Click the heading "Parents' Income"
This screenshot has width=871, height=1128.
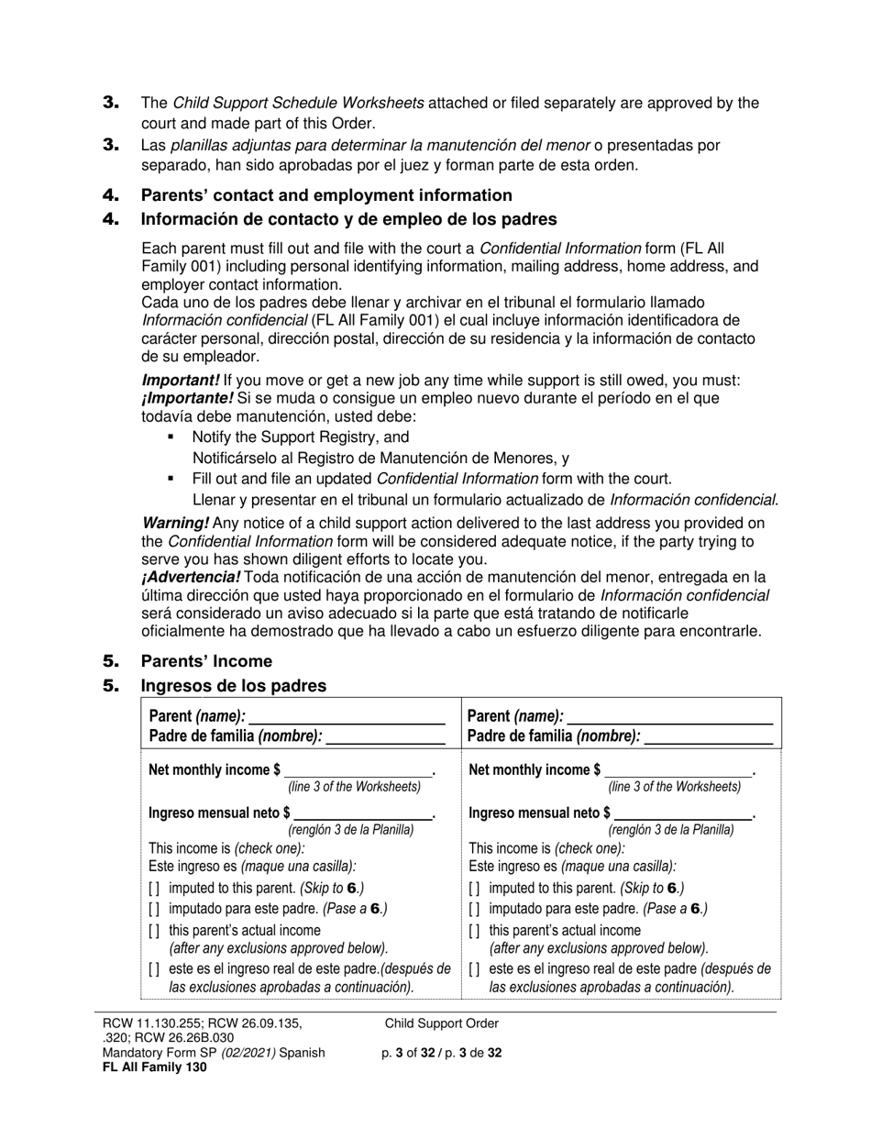[x=205, y=661]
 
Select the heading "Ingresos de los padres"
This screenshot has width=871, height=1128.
[x=233, y=686]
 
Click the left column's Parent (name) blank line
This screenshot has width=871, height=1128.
[x=346, y=716]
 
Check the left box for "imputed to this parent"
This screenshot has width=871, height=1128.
[x=153, y=889]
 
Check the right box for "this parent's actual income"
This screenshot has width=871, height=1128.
[x=474, y=931]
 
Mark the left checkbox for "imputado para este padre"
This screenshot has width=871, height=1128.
[x=153, y=909]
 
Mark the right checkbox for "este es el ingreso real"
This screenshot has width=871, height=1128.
[x=474, y=969]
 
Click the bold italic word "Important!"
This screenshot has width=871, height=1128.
[x=181, y=381]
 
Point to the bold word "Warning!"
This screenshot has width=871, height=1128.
[x=175, y=523]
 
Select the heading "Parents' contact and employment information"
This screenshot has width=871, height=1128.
[x=325, y=195]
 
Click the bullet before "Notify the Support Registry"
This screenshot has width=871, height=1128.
[x=171, y=437]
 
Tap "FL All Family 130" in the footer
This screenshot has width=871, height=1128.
[x=154, y=1067]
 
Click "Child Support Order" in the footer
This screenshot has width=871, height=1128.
[x=441, y=1023]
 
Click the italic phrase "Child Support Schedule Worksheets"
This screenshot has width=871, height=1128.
[x=298, y=103]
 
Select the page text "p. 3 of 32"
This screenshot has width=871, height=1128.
[x=412, y=1053]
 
